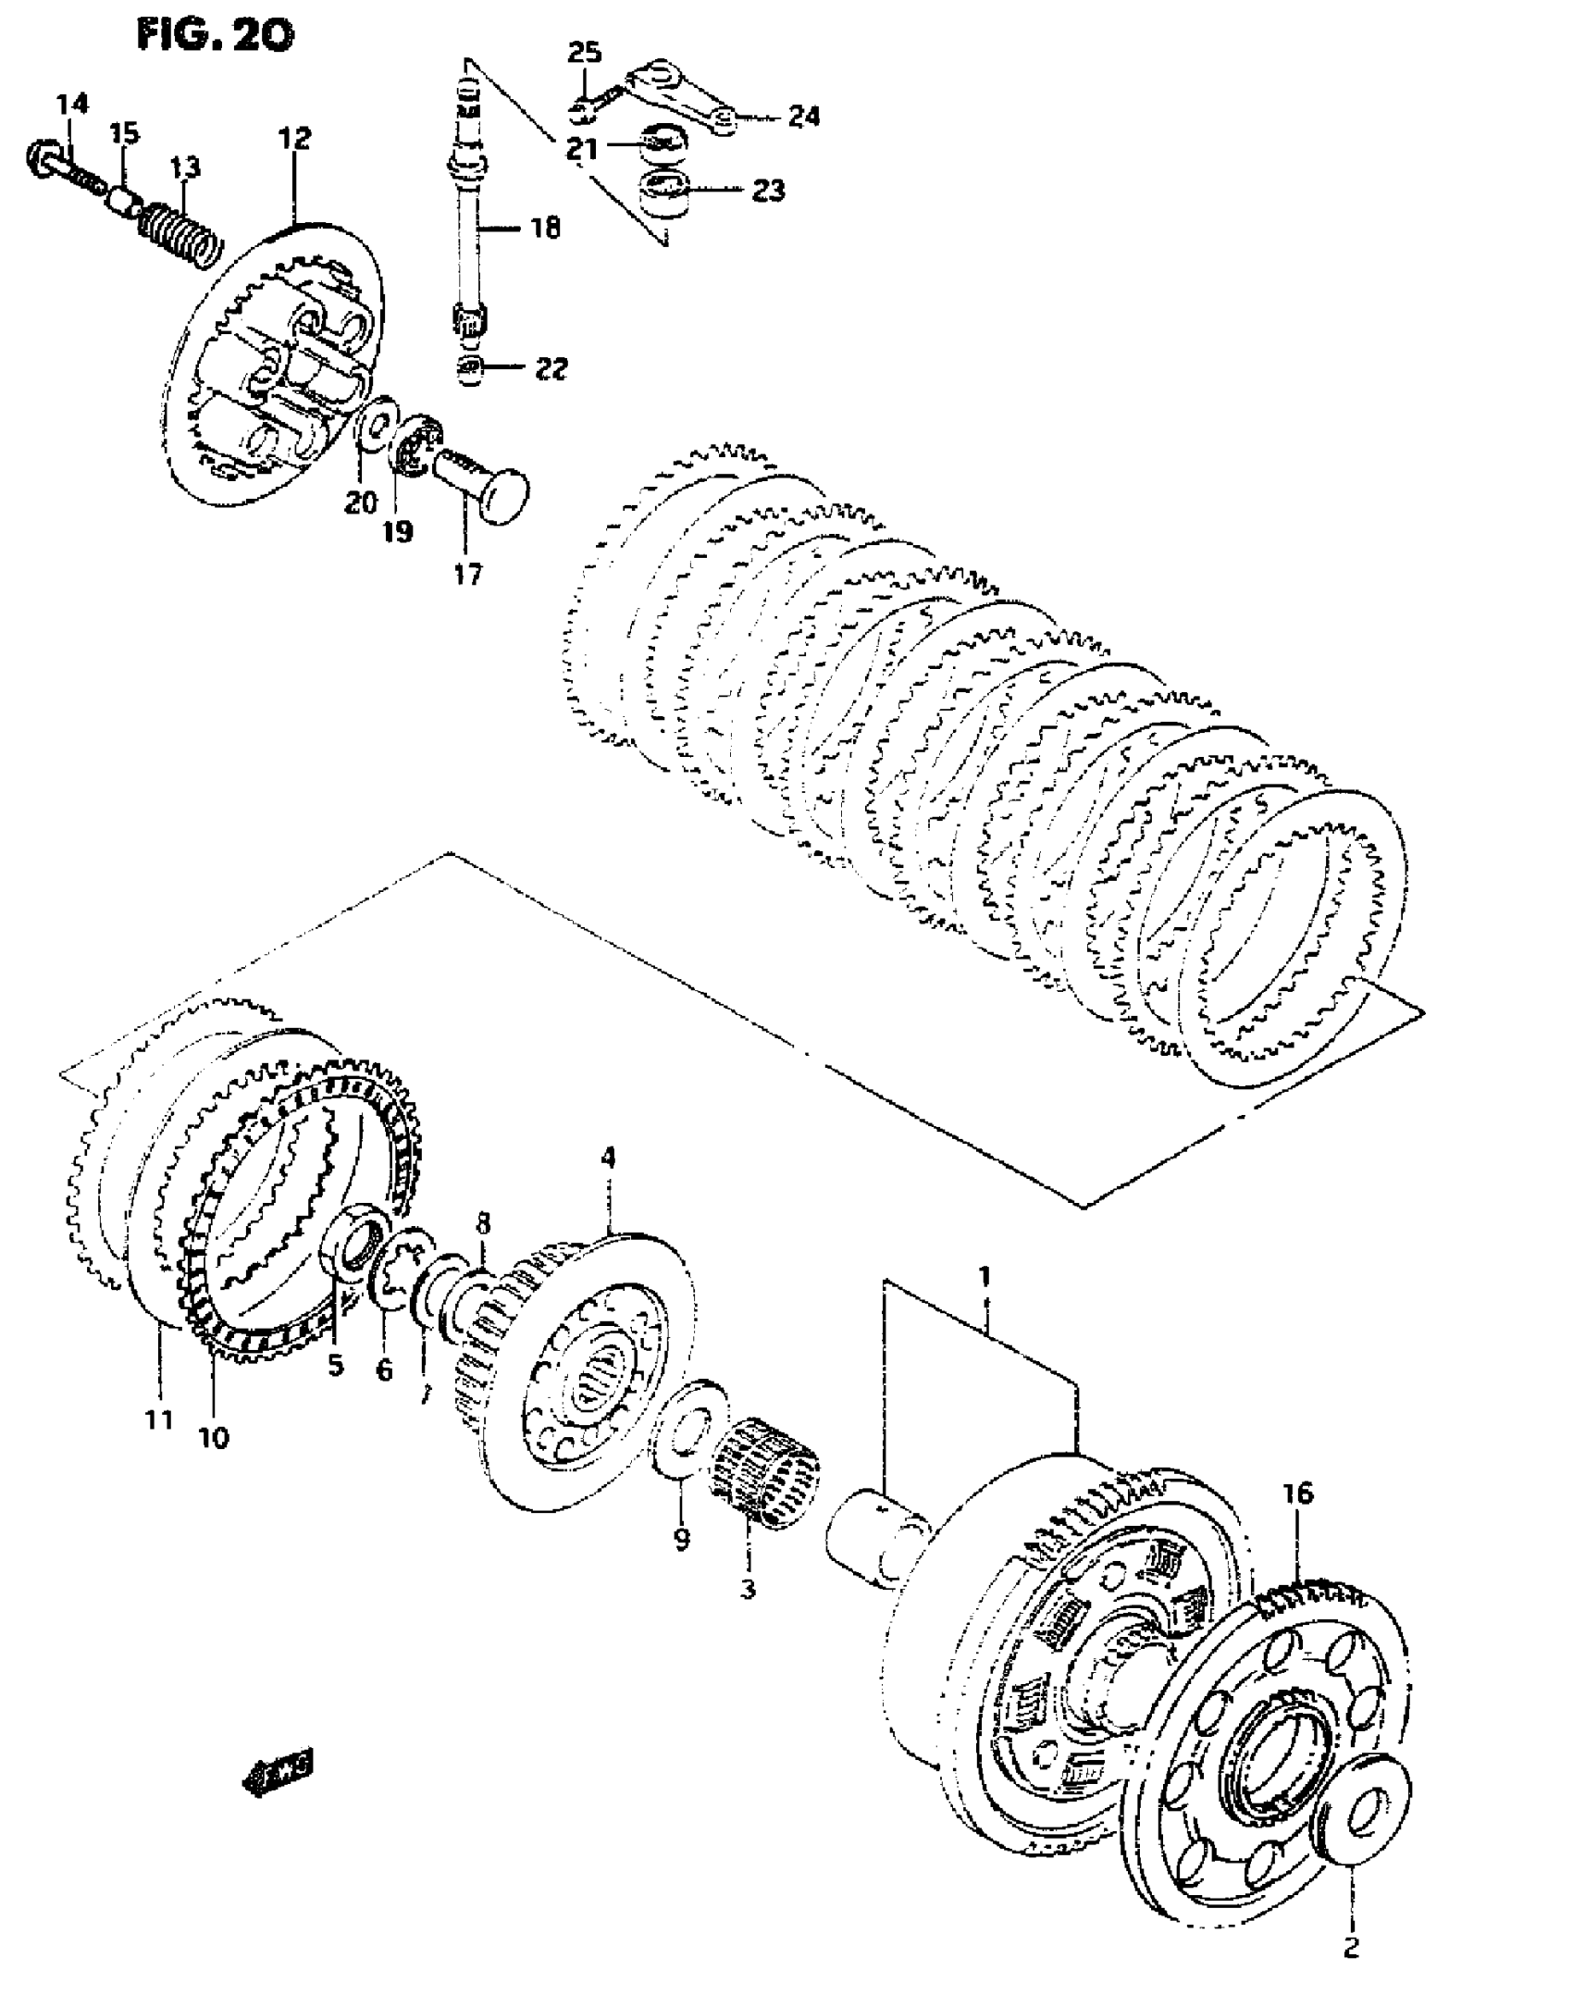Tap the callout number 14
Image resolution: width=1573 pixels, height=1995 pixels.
71,104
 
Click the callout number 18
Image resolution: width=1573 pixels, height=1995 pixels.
546,227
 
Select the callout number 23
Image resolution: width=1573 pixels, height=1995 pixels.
768,191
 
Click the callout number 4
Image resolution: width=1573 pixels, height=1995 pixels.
608,1157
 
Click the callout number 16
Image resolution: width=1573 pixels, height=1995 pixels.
1297,1493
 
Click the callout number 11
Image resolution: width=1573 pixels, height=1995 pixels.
158,1419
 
